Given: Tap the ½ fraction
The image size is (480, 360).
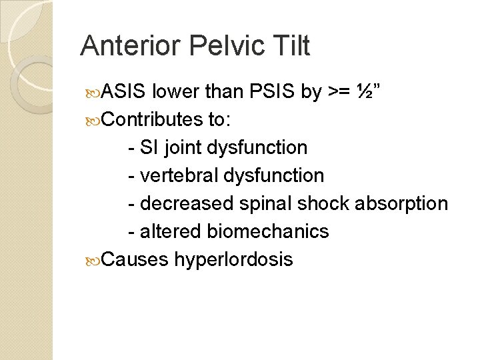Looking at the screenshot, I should click(x=365, y=91).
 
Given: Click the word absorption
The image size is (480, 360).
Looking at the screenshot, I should click(x=404, y=203).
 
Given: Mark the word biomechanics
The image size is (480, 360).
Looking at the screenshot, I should click(x=268, y=231).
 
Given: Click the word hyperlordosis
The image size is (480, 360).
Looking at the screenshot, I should click(x=233, y=259).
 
